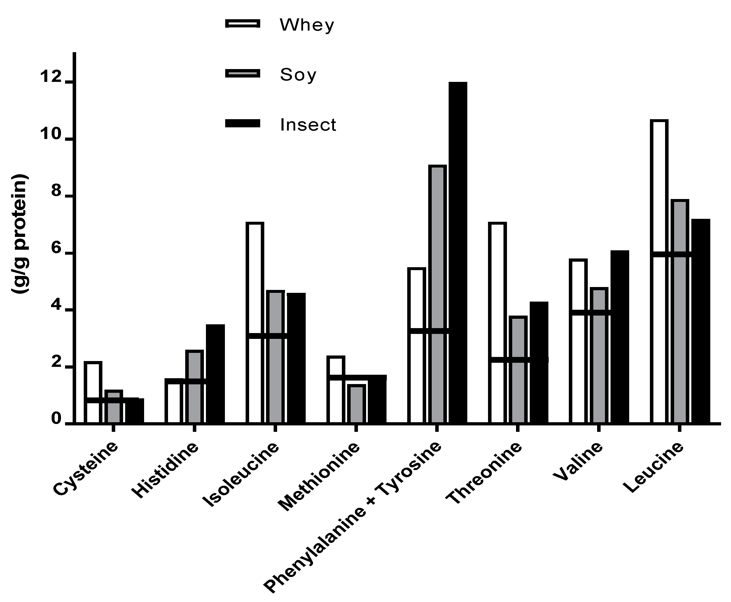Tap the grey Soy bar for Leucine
click(x=680, y=312)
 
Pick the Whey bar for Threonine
click(x=497, y=288)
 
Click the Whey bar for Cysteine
click(x=93, y=381)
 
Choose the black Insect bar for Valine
click(x=620, y=336)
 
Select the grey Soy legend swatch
click(x=243, y=73)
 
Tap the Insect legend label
click(x=308, y=125)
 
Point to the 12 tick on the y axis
click(x=69, y=82)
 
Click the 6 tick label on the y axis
click(x=57, y=254)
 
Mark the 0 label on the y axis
click(x=57, y=419)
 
